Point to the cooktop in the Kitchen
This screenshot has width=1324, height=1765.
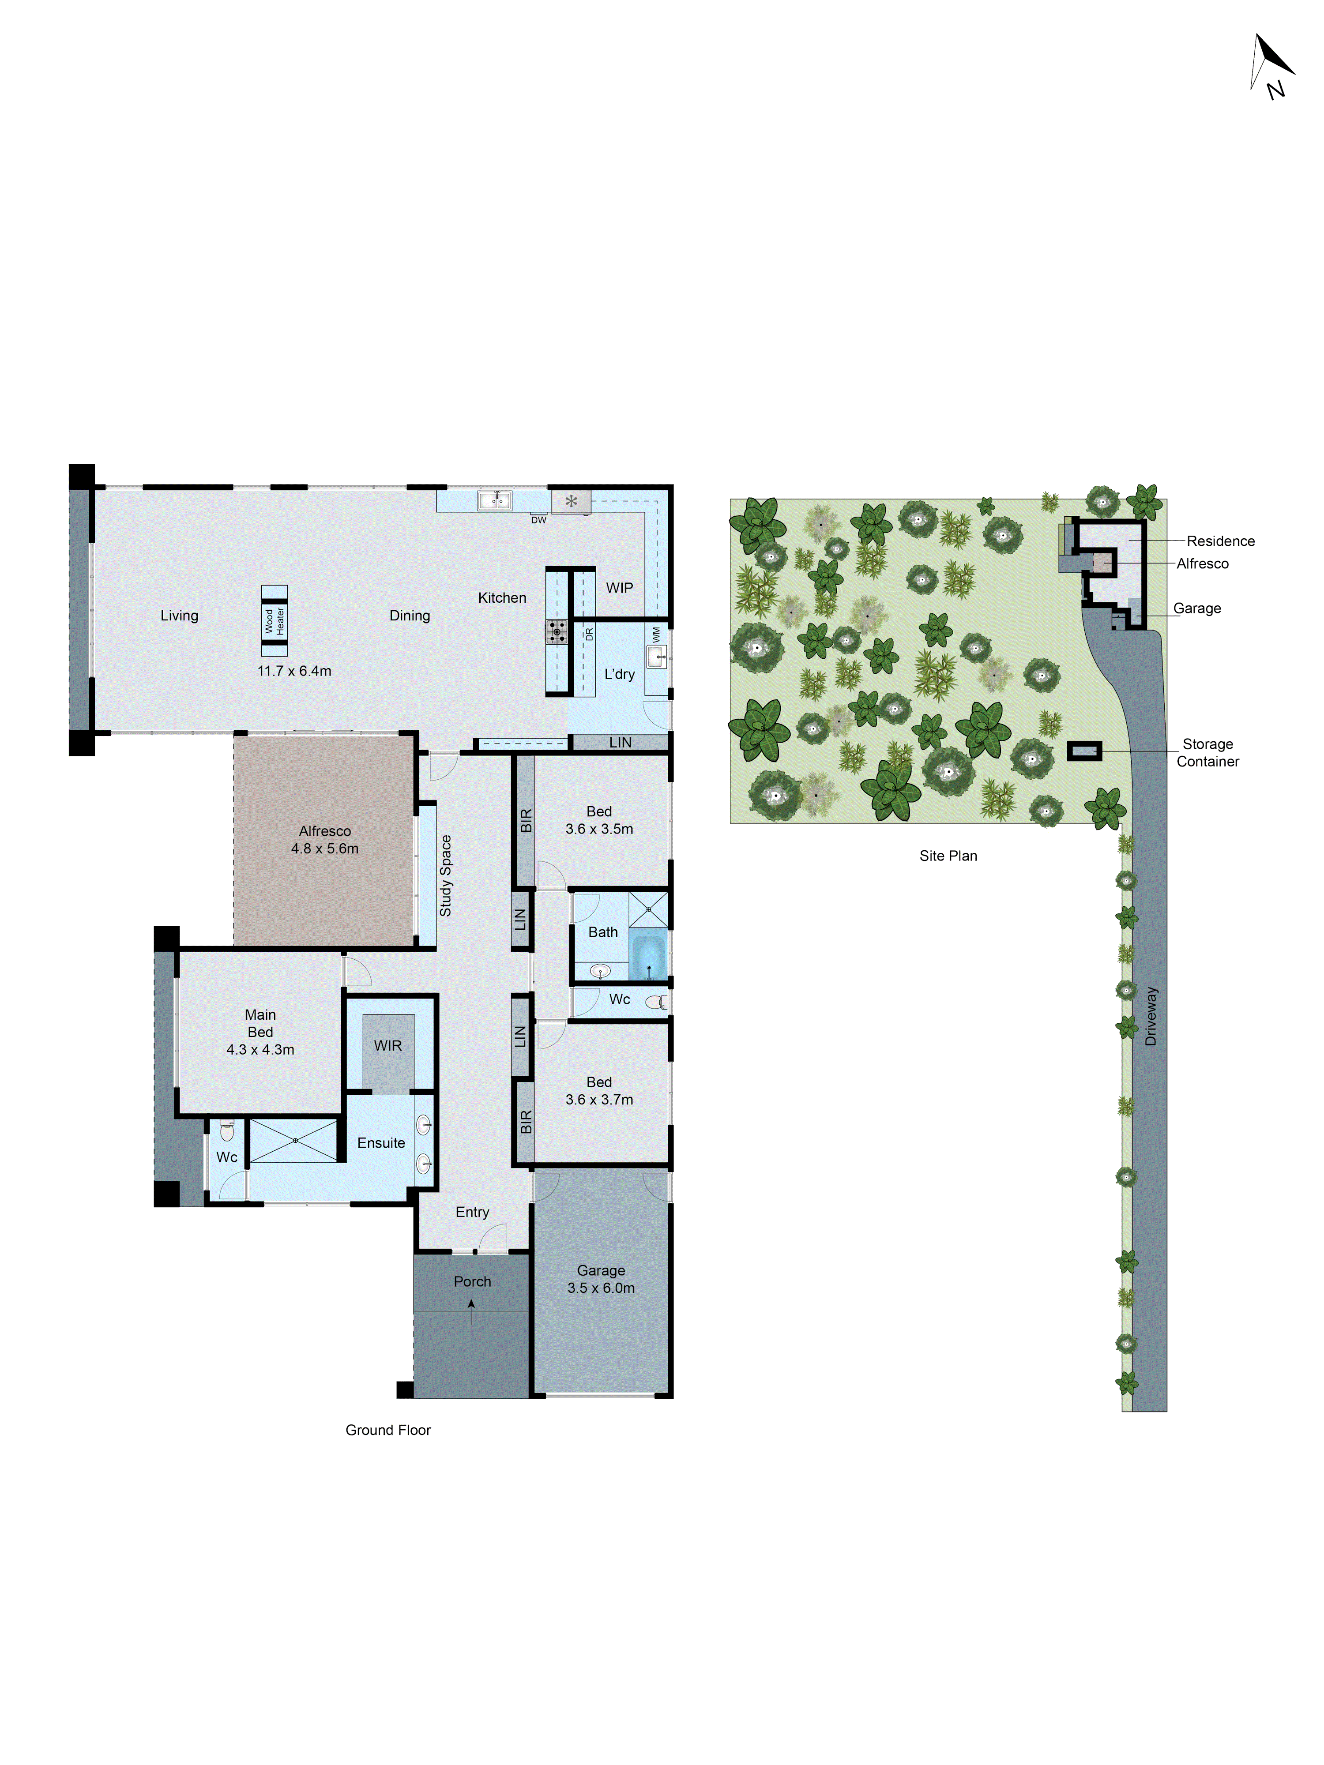pyautogui.click(x=556, y=632)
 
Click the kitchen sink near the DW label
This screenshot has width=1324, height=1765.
pyautogui.click(x=494, y=500)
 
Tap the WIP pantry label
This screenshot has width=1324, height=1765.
pyautogui.click(x=619, y=588)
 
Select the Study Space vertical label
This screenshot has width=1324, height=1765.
pyautogui.click(x=445, y=875)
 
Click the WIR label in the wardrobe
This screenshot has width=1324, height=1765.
pyautogui.click(x=388, y=1045)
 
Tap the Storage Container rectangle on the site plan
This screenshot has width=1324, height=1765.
pyautogui.click(x=1084, y=751)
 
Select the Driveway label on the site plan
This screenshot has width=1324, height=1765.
pyautogui.click(x=1150, y=1016)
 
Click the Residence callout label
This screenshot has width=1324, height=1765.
pyautogui.click(x=1220, y=541)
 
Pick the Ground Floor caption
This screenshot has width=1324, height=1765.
pyautogui.click(x=388, y=1430)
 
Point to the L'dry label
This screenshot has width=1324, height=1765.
pyautogui.click(x=619, y=674)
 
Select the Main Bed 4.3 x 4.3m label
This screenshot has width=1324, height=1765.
pyautogui.click(x=260, y=1032)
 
